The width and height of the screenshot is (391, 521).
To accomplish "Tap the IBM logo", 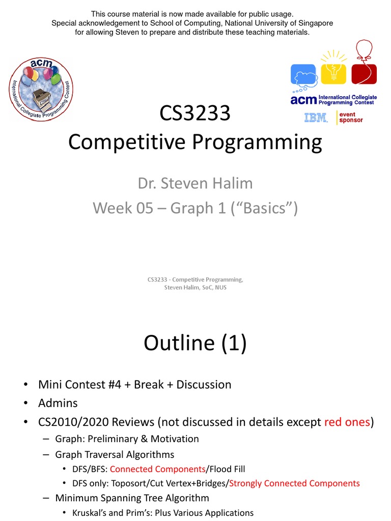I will pyautogui.click(x=316, y=118).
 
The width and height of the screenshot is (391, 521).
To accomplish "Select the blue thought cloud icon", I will pyautogui.click(x=304, y=75).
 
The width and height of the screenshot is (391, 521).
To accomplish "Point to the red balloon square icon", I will pyautogui.click(x=364, y=72).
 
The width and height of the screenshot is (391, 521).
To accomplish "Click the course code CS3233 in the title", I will pyautogui.click(x=195, y=113).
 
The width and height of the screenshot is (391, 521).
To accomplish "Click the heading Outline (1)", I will pyautogui.click(x=195, y=343).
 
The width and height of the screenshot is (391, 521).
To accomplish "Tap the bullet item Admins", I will pyautogui.click(x=58, y=403).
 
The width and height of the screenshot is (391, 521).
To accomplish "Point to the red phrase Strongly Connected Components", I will pyautogui.click(x=295, y=483).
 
